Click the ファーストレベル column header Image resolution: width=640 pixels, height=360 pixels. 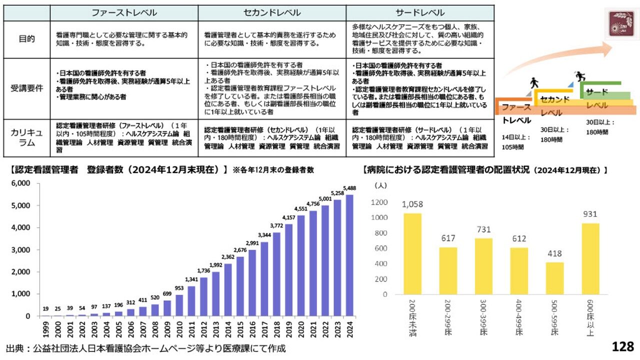(124, 12)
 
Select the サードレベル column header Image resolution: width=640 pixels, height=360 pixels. (420, 12)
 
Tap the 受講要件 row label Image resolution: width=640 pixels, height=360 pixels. (27, 88)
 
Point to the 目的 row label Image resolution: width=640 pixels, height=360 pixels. (27, 38)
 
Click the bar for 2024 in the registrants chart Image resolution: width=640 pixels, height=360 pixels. (349, 255)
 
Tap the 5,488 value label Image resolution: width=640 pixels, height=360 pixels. (349, 188)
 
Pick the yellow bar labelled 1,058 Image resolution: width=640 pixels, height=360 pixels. (412, 253)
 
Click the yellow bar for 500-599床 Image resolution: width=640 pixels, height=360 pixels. (554, 278)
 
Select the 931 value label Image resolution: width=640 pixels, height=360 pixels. (590, 214)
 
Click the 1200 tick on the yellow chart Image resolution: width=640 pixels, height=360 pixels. (379, 202)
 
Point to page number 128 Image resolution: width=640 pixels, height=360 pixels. (622, 346)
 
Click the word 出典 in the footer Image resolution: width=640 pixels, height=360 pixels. (14, 348)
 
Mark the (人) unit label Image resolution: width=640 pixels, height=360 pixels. (380, 185)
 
